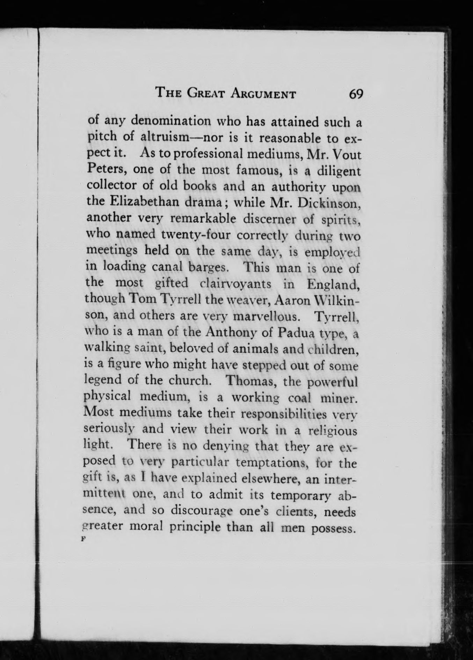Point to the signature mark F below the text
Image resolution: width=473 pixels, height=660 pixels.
[83, 539]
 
